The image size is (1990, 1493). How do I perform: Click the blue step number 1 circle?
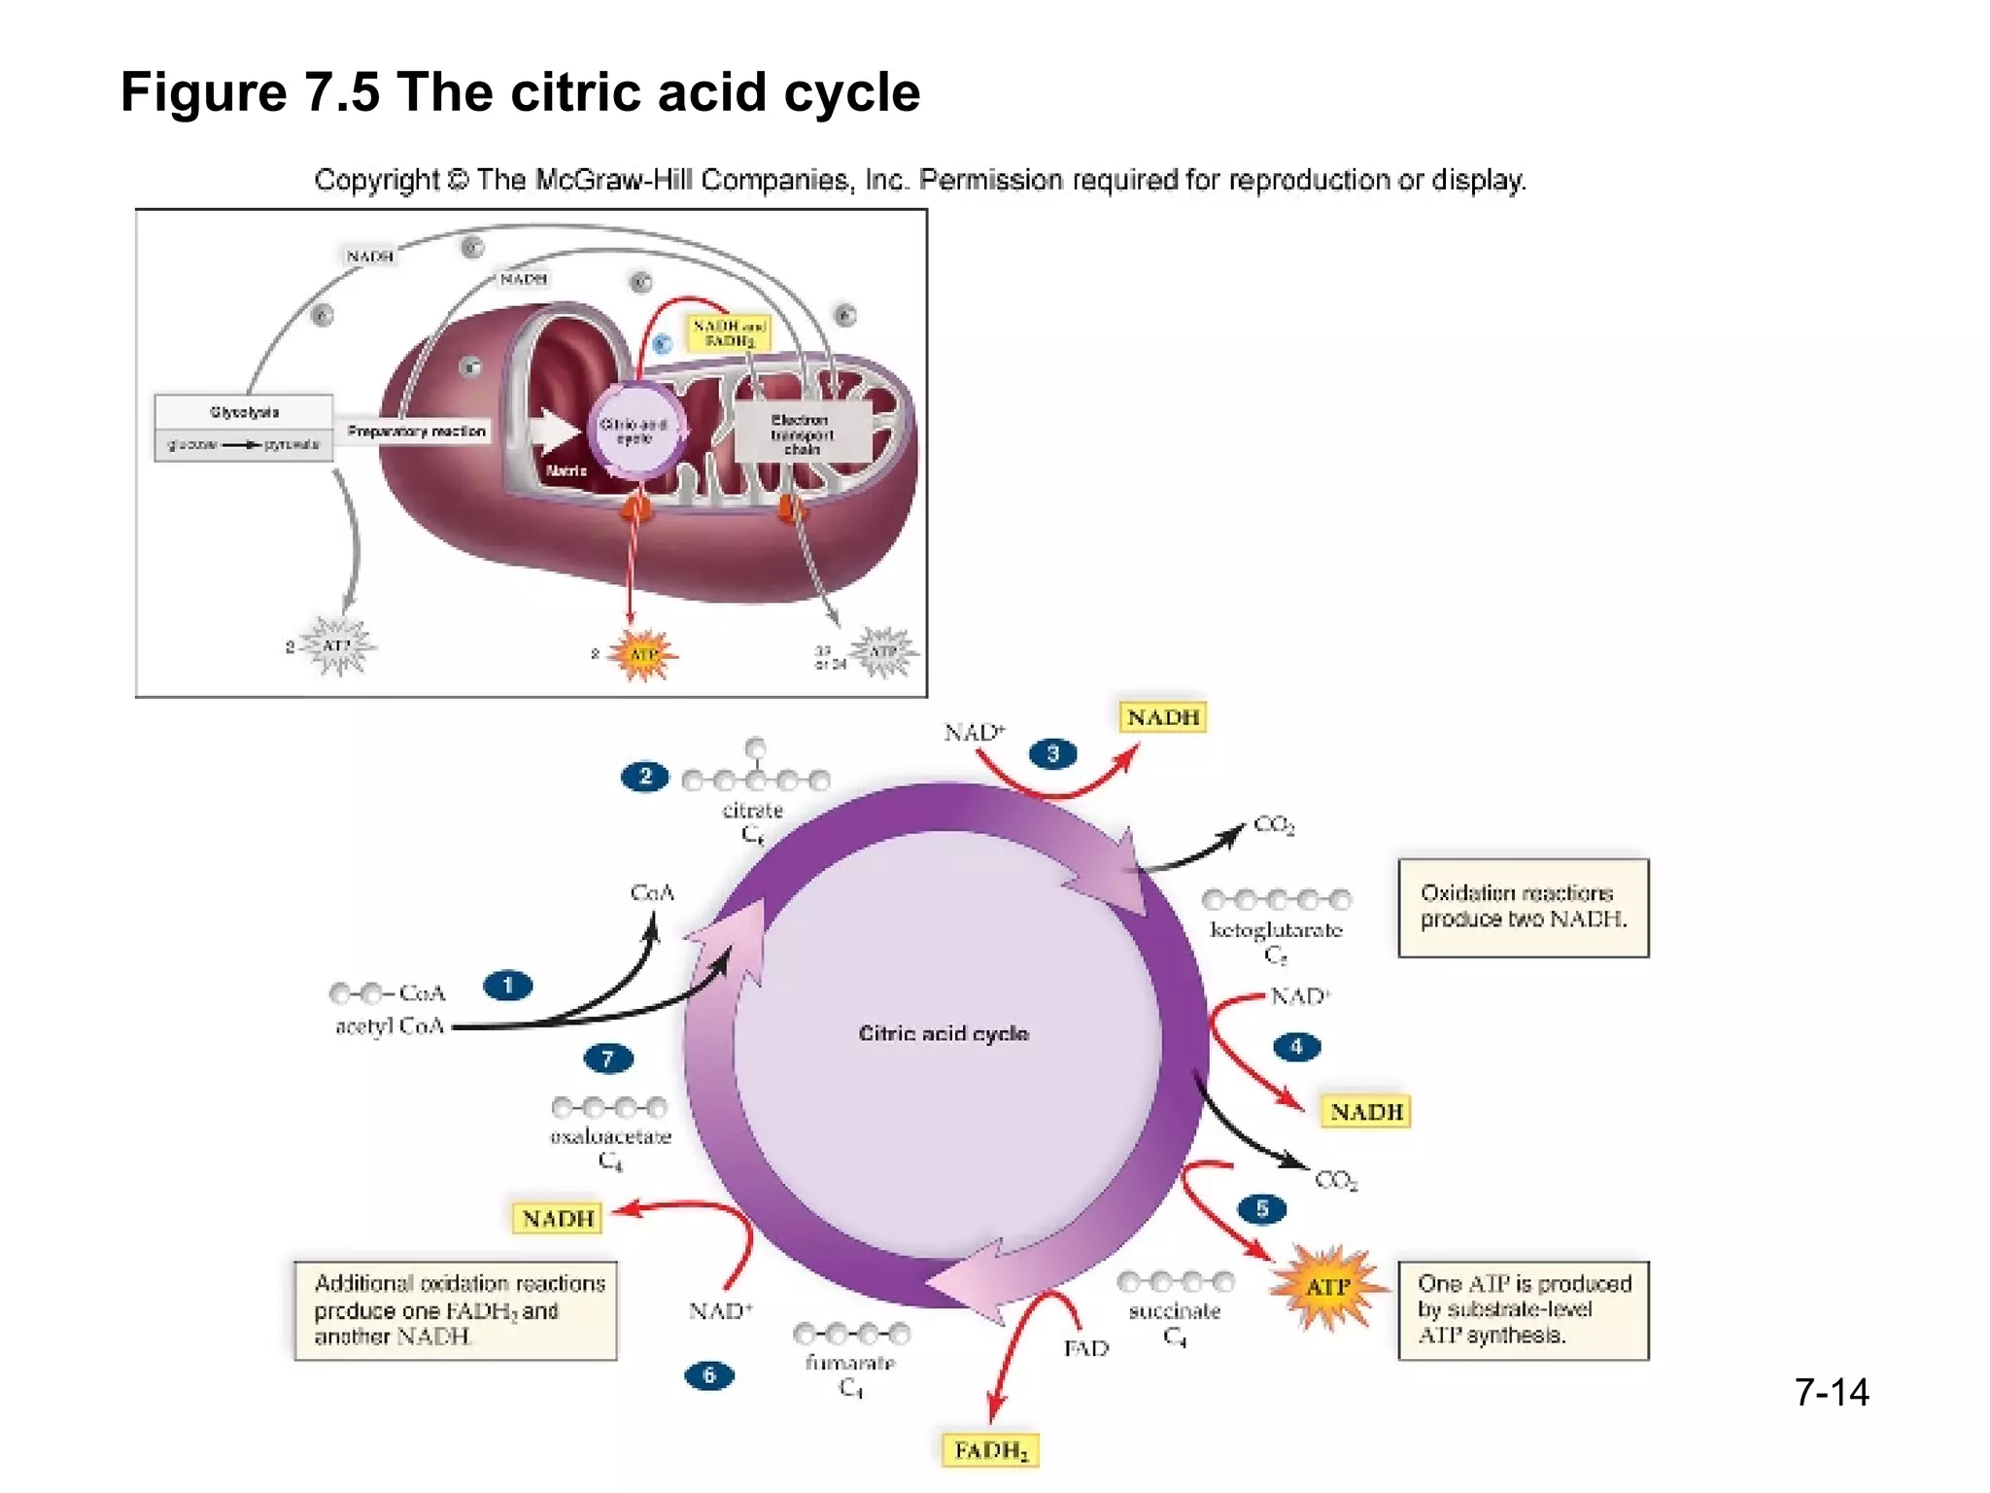[x=507, y=986]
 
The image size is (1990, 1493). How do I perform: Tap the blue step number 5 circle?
[x=1262, y=1208]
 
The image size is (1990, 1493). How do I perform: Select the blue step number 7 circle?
[x=608, y=1059]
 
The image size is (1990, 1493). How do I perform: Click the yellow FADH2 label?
[x=989, y=1450]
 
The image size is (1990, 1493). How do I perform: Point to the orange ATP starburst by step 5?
[x=1326, y=1287]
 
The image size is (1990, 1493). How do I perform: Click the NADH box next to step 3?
[x=1162, y=717]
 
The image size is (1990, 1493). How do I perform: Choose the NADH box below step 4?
[x=1365, y=1111]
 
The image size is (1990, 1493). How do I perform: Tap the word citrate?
[x=752, y=810]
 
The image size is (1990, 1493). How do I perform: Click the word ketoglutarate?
[x=1276, y=930]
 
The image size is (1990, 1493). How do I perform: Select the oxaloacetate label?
[x=610, y=1136]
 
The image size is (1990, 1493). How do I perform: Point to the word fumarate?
[x=849, y=1363]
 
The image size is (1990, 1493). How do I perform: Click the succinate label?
[x=1174, y=1311]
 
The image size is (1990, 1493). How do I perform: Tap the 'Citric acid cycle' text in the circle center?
[x=944, y=1033]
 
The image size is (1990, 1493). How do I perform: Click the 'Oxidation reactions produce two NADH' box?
[x=1523, y=907]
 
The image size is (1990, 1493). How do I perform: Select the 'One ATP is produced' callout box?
[x=1523, y=1309]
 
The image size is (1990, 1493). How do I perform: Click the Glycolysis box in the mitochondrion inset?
[x=244, y=412]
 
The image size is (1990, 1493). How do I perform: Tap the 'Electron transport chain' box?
[x=802, y=434]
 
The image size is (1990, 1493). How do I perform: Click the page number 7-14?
[x=1831, y=1392]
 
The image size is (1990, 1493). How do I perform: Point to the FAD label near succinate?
[x=1085, y=1348]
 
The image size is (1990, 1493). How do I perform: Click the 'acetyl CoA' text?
[x=390, y=1025]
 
